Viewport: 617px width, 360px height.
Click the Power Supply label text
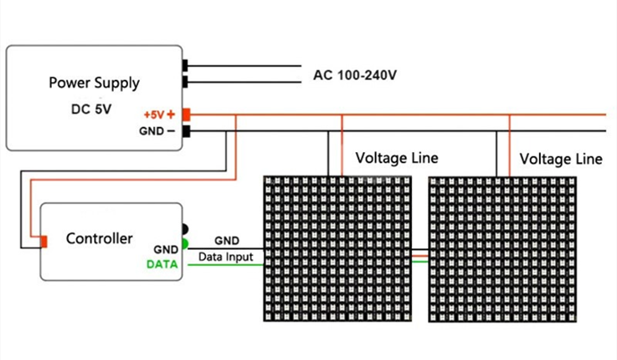[94, 83]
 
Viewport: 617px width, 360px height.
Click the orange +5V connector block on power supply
[186, 115]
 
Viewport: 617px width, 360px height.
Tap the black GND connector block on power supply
[186, 132]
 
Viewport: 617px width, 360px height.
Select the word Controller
[99, 239]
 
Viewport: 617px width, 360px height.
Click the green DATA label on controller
[162, 265]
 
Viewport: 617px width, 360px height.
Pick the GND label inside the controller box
[166, 249]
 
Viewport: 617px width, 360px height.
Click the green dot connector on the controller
[184, 244]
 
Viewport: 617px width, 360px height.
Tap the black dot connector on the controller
[184, 229]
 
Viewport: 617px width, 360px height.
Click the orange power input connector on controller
[41, 241]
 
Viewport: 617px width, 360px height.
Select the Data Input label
[226, 257]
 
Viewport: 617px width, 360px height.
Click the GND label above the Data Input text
[227, 242]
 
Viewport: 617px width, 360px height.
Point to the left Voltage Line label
[397, 158]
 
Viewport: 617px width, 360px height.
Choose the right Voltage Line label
[561, 159]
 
